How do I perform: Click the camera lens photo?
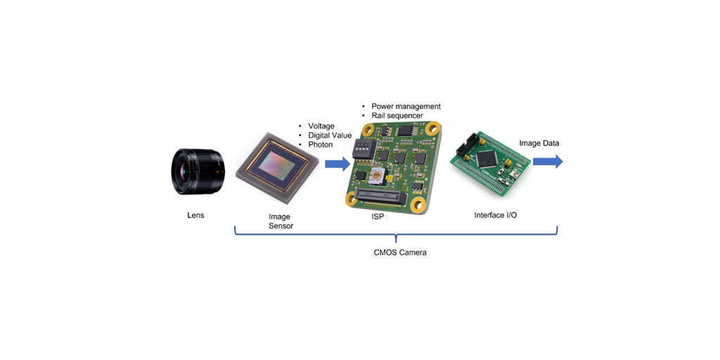pos(197,171)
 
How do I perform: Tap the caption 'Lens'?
pos(195,215)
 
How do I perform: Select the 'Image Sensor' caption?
pos(280,221)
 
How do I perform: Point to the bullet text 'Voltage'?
pos(321,127)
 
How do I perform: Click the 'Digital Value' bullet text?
pos(329,136)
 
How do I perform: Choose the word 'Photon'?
pos(320,145)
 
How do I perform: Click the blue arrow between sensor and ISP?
pos(337,164)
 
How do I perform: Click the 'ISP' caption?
pos(378,217)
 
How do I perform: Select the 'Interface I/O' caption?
pos(495,215)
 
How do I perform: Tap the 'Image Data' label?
pos(539,143)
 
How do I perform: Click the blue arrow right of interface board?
pos(548,162)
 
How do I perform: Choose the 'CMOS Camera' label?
pos(399,252)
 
